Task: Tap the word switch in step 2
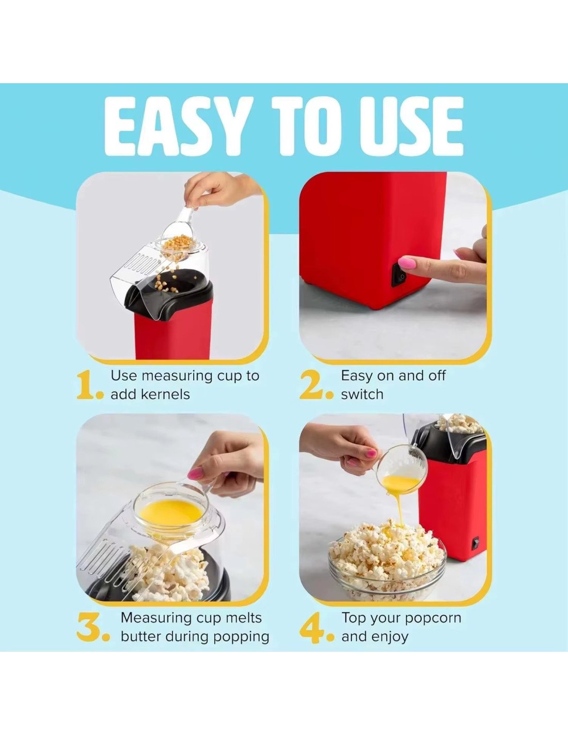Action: tap(362, 394)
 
